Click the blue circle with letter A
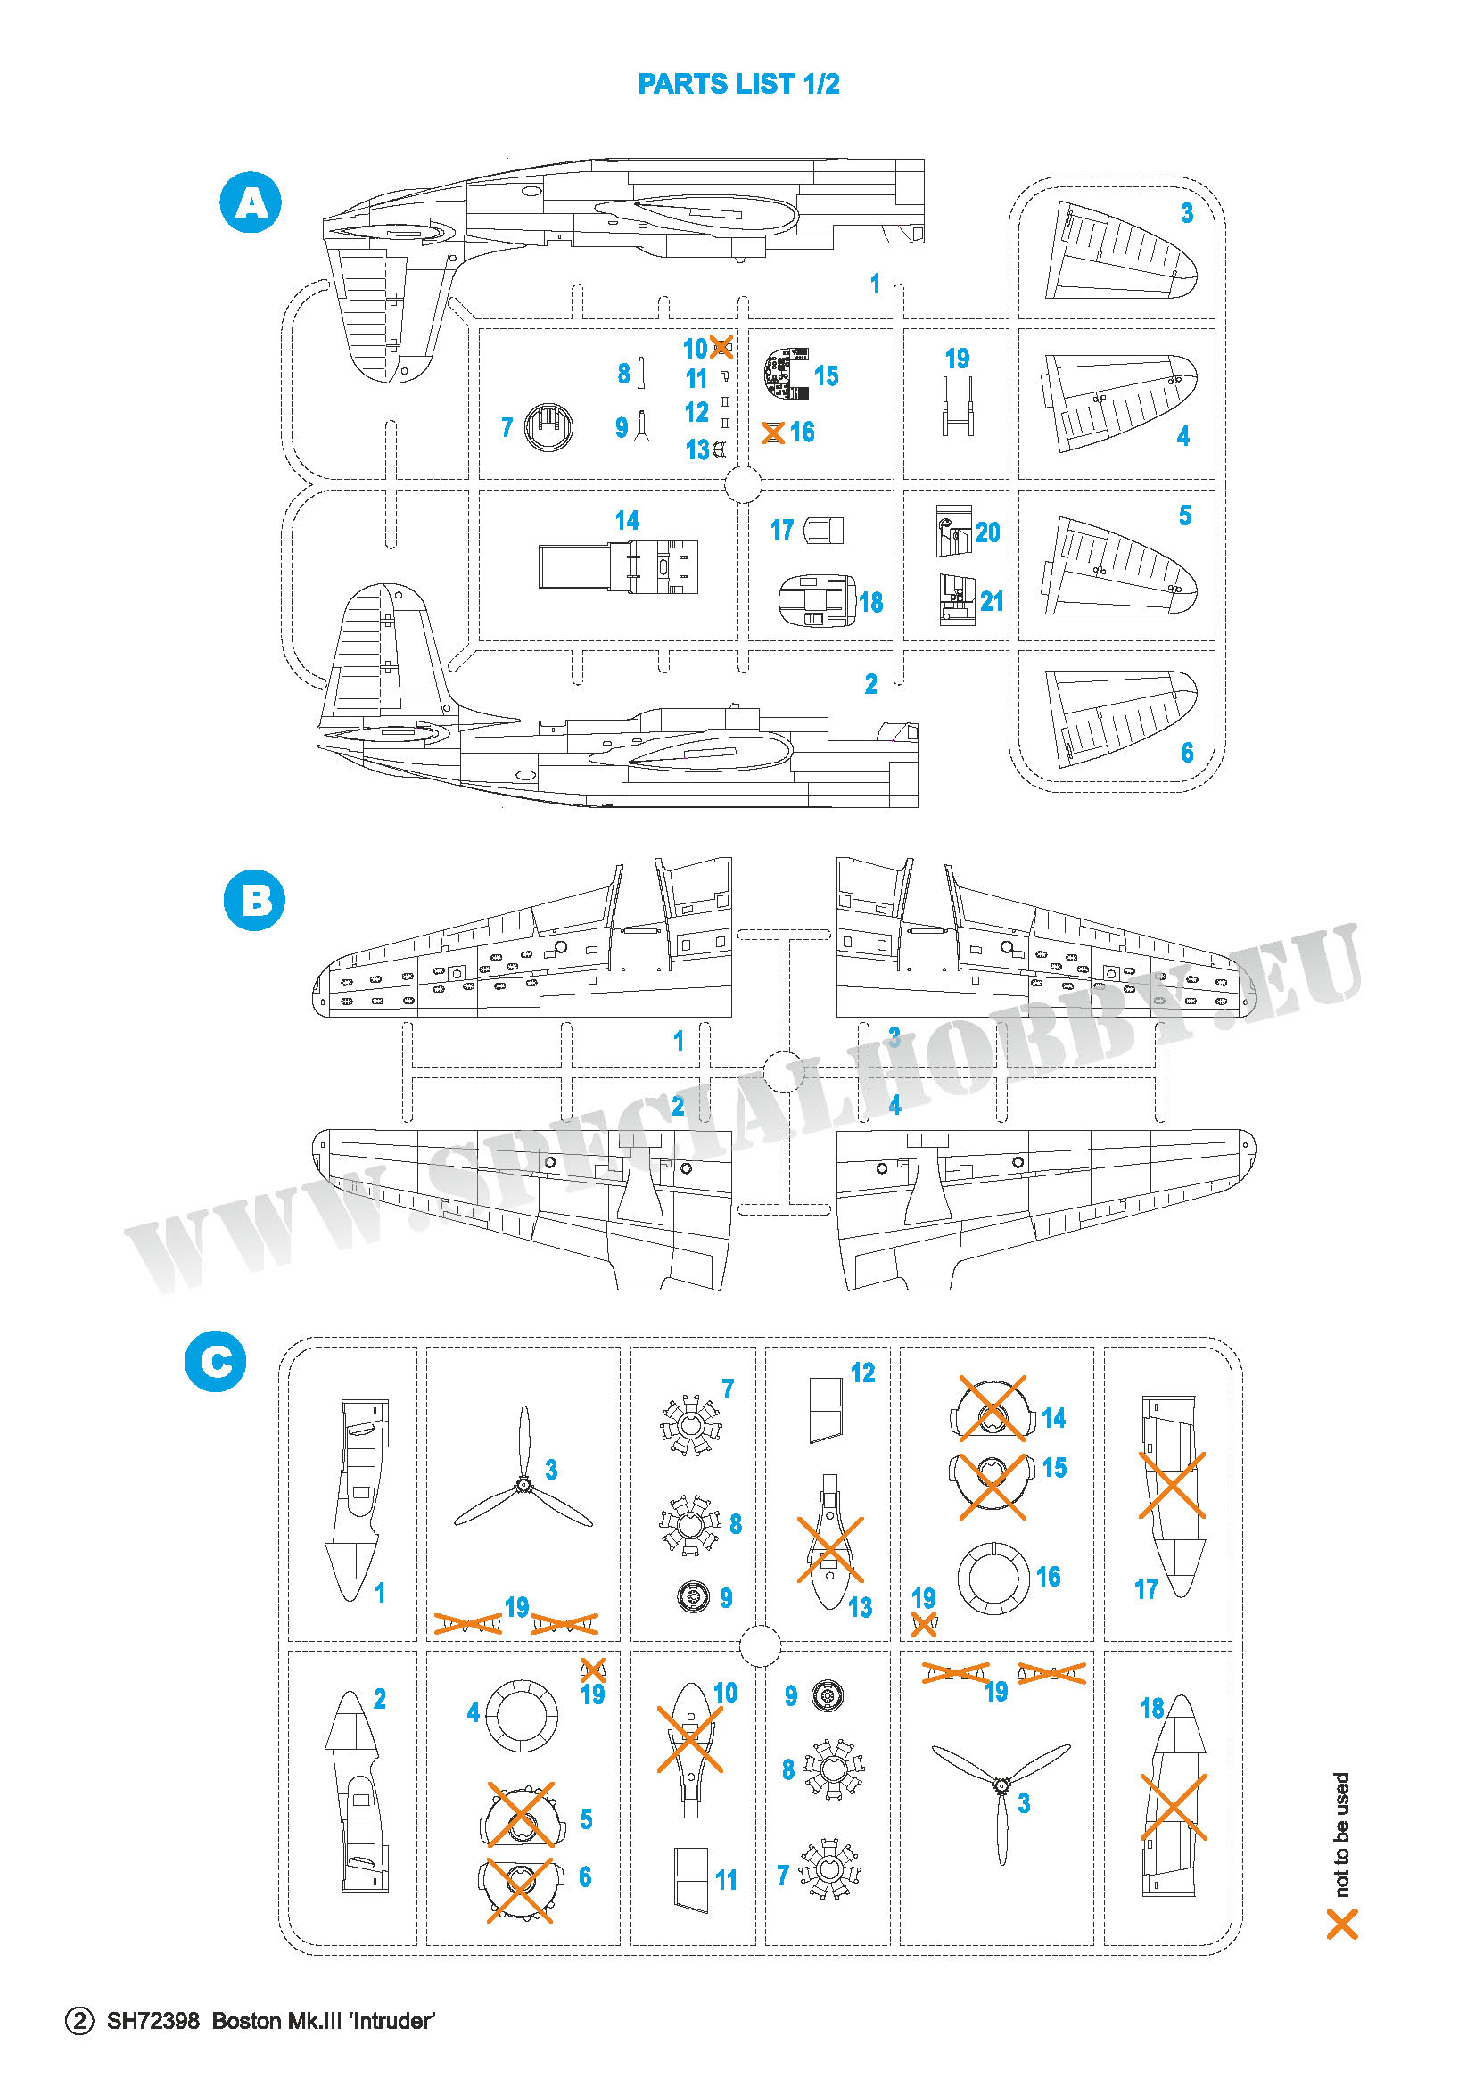[x=251, y=202]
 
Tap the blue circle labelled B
[x=254, y=901]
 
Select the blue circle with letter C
[x=215, y=1361]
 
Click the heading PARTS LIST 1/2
[x=738, y=84]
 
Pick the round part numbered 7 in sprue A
[x=548, y=426]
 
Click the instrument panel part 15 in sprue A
[x=787, y=374]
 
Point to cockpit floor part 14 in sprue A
[x=619, y=567]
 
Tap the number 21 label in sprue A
[x=992, y=600]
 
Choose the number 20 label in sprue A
[x=987, y=532]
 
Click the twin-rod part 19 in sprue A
[x=957, y=406]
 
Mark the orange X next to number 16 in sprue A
[x=772, y=433]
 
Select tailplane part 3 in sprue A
[x=1121, y=251]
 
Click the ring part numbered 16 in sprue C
[x=993, y=1579]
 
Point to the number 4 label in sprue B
[x=894, y=1105]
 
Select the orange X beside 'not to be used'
[x=1342, y=1925]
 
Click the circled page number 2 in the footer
[x=79, y=2021]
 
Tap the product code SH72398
[x=153, y=2021]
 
